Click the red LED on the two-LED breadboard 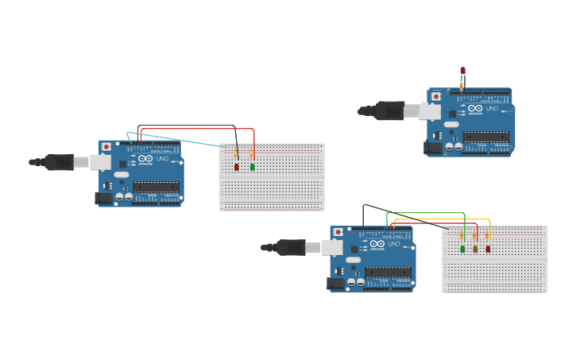coord(237,167)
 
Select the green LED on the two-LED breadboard coord(253,167)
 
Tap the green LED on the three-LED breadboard coord(462,249)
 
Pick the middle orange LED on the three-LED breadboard coord(475,249)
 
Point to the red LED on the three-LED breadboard coord(488,249)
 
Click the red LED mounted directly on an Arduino coord(462,71)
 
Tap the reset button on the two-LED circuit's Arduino coord(106,148)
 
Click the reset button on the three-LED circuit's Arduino coord(338,233)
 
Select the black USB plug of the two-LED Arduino coord(59,162)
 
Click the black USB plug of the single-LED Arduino coord(389,110)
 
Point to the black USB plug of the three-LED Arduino coord(291,247)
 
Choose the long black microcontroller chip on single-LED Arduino coord(485,136)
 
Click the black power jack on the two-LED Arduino coord(103,198)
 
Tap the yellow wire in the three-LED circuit coord(445,219)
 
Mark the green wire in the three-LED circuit coord(425,213)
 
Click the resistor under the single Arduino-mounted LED coord(462,85)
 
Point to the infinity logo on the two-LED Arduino coord(145,159)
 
